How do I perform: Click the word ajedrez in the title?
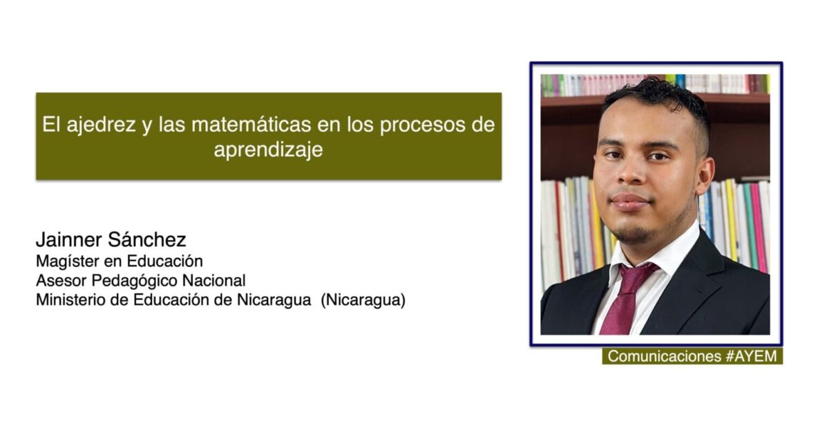click(101, 125)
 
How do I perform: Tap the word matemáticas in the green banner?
click(251, 124)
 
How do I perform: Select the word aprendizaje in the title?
click(268, 149)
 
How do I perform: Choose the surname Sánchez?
click(147, 239)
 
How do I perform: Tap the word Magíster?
click(68, 261)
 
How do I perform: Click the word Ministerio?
click(70, 299)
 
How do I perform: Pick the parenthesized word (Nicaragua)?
click(363, 299)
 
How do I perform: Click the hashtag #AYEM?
click(752, 356)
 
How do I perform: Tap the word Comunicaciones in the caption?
click(665, 356)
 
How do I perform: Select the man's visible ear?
click(703, 175)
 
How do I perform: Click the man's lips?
click(629, 202)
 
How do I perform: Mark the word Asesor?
click(61, 281)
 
